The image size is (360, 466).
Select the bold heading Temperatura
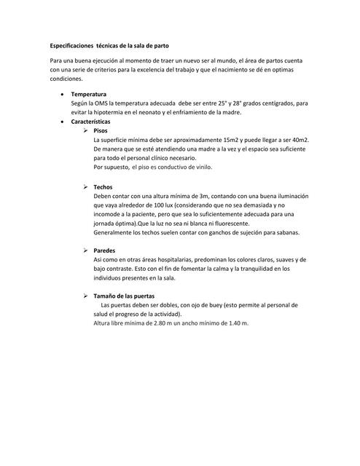click(x=88, y=95)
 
